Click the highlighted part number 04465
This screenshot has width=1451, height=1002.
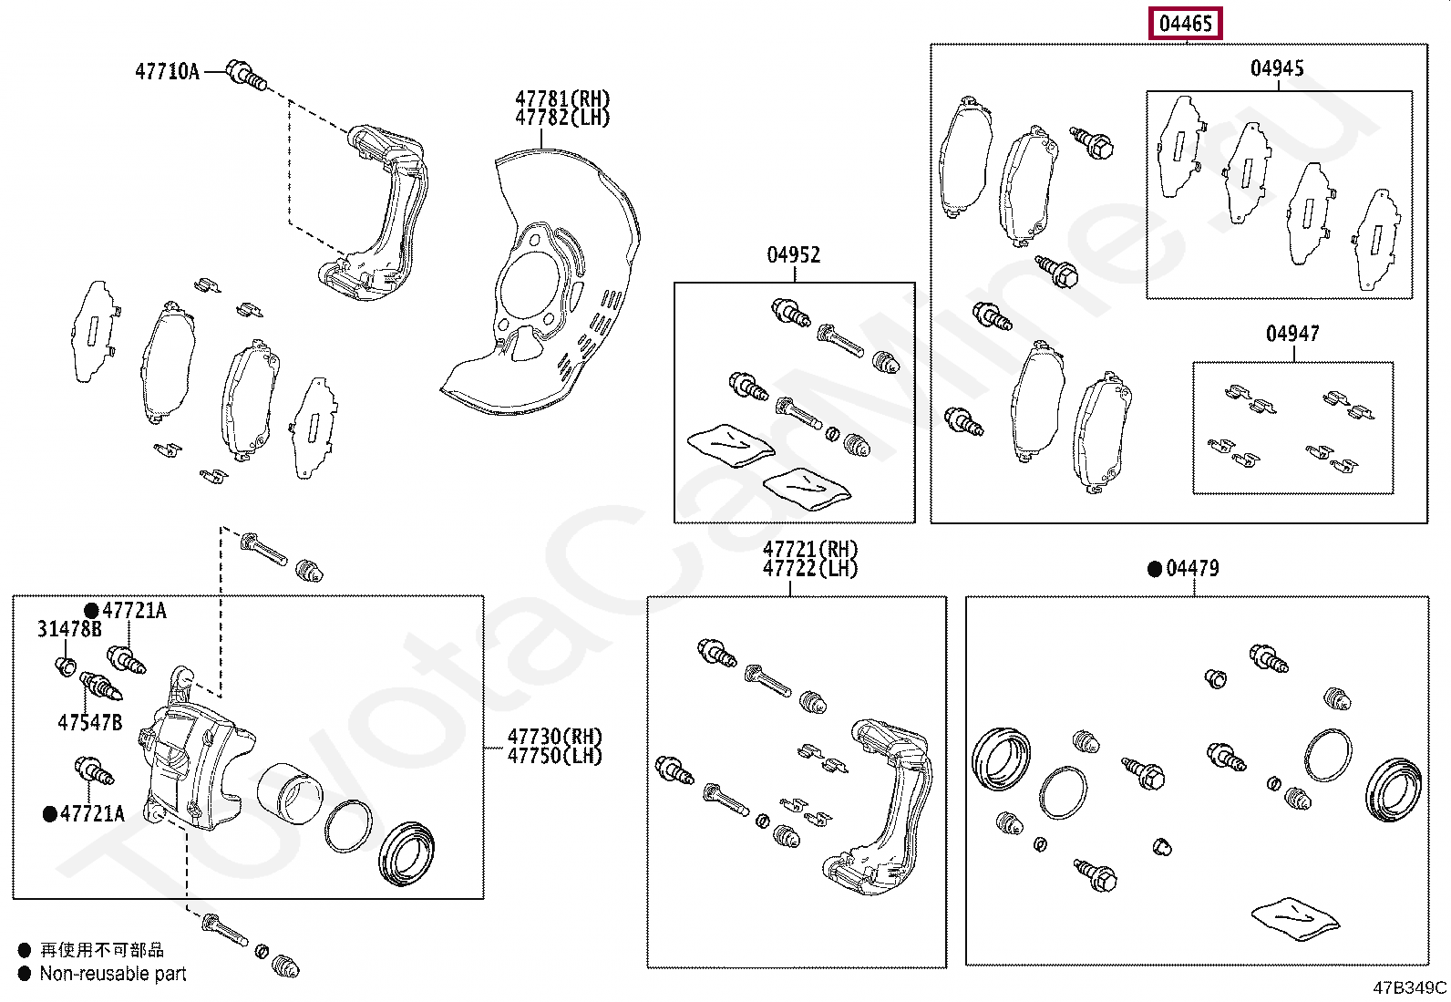[x=1186, y=24]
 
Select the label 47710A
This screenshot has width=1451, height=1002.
[x=167, y=71]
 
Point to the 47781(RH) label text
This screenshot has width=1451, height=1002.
[x=562, y=98]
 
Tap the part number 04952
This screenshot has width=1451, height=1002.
[x=793, y=255]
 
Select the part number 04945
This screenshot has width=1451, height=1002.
[x=1276, y=68]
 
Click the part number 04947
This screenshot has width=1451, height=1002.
[x=1291, y=335]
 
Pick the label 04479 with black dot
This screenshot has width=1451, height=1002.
[x=1191, y=569]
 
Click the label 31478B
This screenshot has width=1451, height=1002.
[x=69, y=629]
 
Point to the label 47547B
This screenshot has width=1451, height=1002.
[x=89, y=722]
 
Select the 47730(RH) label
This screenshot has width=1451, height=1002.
[x=554, y=737]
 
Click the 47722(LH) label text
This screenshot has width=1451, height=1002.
[x=810, y=569]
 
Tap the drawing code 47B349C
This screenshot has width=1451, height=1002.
[x=1409, y=987]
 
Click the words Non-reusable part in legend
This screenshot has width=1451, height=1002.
[x=113, y=974]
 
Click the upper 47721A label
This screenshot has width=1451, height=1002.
[x=133, y=611]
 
